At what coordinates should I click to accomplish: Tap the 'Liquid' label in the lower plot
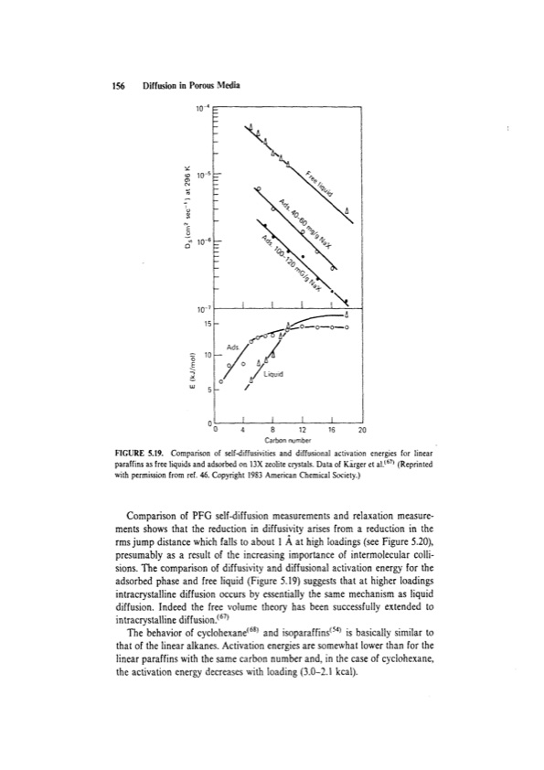click(273, 373)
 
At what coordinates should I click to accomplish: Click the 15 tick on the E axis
click(208, 323)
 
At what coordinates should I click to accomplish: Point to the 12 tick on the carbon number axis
click(303, 429)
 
